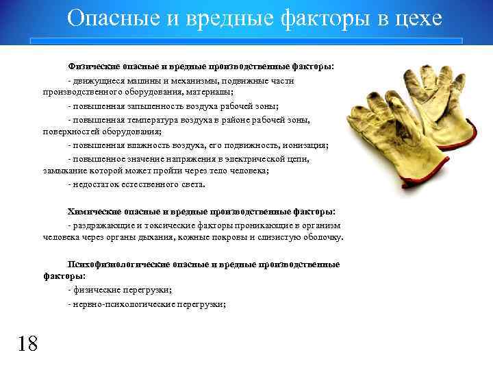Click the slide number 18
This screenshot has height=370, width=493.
point(27,343)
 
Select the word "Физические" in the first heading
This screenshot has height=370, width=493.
point(93,67)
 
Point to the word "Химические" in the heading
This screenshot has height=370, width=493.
point(93,212)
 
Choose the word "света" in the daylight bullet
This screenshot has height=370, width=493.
point(192,184)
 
